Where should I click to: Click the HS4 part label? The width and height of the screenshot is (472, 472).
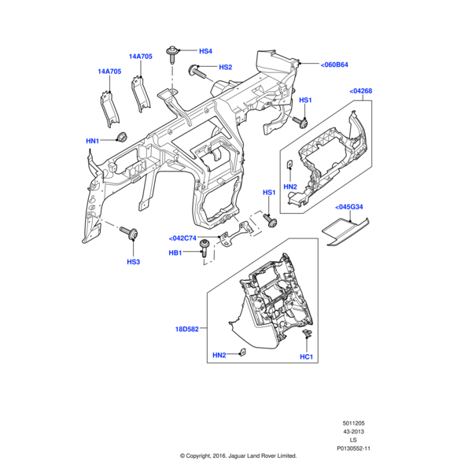[205, 51]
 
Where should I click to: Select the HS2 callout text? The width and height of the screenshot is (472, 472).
[225, 68]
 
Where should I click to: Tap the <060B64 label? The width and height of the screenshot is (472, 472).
[334, 65]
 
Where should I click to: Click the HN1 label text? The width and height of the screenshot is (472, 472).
[92, 141]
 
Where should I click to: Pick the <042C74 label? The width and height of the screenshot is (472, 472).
[182, 238]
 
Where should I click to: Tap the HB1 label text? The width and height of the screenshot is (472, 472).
[175, 253]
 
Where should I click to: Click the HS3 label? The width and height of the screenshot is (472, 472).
[133, 261]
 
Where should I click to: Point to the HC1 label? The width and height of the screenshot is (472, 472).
[306, 356]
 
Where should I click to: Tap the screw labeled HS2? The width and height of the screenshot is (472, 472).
[197, 72]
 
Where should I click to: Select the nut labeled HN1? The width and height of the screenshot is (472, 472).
[122, 138]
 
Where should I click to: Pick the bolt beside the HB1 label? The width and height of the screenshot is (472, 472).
[206, 249]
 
